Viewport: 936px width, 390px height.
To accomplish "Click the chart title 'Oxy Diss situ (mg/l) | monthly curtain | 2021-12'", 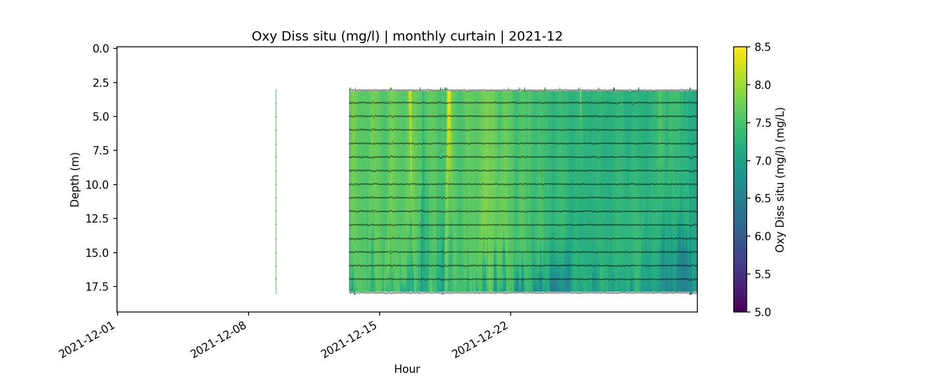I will (407, 36).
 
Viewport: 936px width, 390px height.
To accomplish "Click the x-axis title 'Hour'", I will (407, 369).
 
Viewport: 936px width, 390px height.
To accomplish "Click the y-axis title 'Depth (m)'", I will (75, 179).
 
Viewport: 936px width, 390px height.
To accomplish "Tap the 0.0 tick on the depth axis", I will (101, 49).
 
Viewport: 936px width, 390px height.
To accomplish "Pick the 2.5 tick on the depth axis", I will (101, 83).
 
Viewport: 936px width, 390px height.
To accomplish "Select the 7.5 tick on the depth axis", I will (101, 151).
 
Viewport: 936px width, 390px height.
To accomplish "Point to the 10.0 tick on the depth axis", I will (98, 185).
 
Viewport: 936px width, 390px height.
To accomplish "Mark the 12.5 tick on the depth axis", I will (98, 219).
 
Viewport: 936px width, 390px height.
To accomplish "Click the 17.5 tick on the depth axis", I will (98, 287).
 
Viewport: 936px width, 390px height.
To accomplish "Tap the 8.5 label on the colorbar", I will (763, 47).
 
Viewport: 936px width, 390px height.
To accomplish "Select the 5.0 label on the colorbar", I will (763, 312).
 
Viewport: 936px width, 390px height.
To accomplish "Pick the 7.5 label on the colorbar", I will (763, 123).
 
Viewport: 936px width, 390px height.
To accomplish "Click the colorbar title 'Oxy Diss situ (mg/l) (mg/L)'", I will (780, 179).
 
